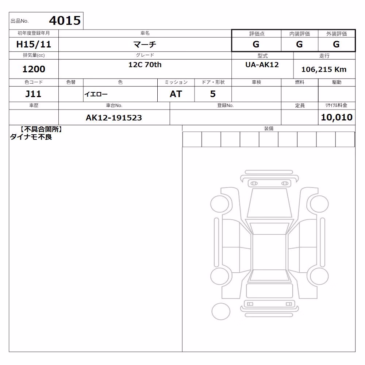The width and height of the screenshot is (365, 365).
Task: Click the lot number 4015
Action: [x=65, y=20]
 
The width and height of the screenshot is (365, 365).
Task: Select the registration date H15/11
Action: [x=34, y=44]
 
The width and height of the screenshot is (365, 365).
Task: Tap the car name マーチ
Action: [x=145, y=44]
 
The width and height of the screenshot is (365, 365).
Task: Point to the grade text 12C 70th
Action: [x=145, y=65]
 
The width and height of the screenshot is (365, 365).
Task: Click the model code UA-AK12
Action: [x=262, y=65]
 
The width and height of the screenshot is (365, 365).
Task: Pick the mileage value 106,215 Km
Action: [x=324, y=69]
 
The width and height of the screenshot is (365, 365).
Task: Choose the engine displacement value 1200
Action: [x=34, y=69]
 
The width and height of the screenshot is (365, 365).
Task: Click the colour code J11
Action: [x=33, y=94]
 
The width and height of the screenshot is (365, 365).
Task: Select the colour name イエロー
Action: [x=96, y=94]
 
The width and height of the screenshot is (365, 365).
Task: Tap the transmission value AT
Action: [x=176, y=94]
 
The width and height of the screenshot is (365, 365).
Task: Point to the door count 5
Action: [x=213, y=94]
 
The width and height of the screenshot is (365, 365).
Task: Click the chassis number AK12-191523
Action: [x=114, y=118]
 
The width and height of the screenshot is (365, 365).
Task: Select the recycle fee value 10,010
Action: [x=337, y=117]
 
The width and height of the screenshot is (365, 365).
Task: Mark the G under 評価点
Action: [x=256, y=44]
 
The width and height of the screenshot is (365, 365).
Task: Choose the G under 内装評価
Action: [x=299, y=44]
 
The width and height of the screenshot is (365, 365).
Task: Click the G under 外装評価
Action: [x=336, y=44]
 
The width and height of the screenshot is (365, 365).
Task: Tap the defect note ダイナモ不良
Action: [x=31, y=137]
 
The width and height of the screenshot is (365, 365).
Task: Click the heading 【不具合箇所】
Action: [x=41, y=130]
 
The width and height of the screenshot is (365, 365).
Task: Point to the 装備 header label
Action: [x=269, y=128]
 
